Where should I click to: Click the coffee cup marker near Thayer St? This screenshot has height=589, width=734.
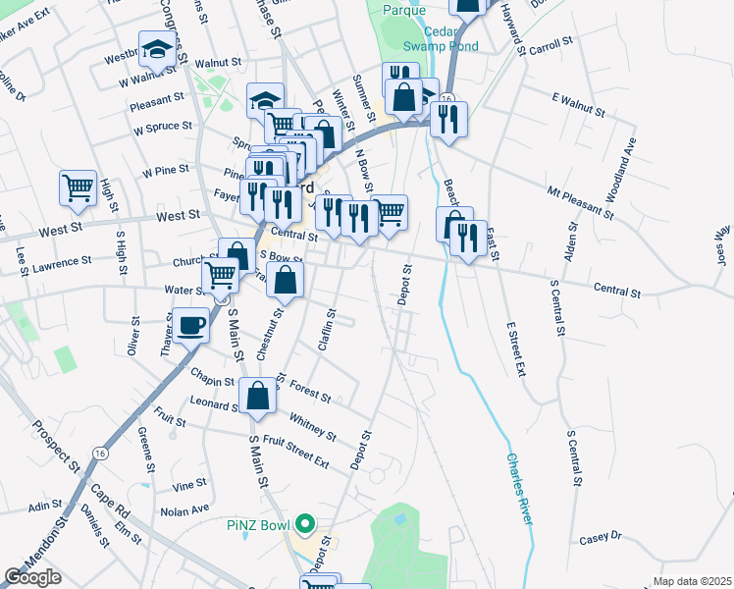coord(192,326)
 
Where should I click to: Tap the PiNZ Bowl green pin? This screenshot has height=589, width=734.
coord(304,524)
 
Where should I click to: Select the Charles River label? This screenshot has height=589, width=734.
coord(521,487)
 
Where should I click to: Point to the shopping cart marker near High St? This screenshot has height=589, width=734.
coord(78,187)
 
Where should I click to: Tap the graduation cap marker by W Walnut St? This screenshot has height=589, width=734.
coord(157,49)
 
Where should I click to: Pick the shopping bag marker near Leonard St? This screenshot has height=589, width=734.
coord(258,397)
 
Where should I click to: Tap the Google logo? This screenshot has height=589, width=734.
coord(34,577)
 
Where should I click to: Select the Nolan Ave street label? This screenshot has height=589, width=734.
coord(185,510)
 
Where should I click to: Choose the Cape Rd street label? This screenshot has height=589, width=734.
coord(110,502)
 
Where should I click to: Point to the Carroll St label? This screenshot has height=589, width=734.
coord(550,46)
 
